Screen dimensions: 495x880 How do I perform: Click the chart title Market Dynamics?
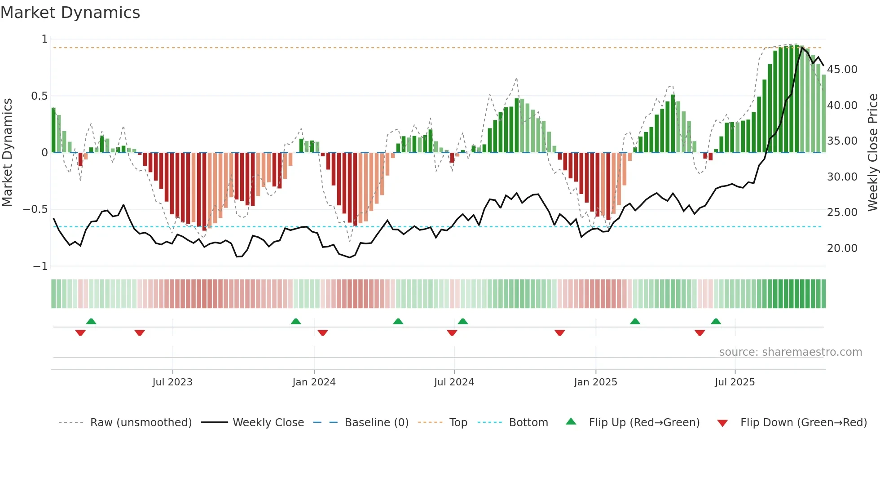pyautogui.click(x=70, y=13)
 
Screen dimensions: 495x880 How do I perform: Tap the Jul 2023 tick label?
pyautogui.click(x=172, y=382)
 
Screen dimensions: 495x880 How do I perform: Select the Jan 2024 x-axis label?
pyautogui.click(x=314, y=382)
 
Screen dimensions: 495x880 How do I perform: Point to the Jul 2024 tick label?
pyautogui.click(x=454, y=382)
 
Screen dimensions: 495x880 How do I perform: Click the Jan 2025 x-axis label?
pyautogui.click(x=595, y=382)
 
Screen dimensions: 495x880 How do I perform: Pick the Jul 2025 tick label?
pyautogui.click(x=735, y=382)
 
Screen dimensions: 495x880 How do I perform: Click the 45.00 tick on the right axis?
pyautogui.click(x=842, y=70)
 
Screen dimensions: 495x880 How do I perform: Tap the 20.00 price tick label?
pyautogui.click(x=842, y=248)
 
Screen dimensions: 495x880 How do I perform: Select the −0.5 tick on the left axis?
pyautogui.click(x=35, y=209)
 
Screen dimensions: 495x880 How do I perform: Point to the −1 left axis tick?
pyautogui.click(x=40, y=266)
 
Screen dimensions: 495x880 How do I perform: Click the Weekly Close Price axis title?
pyautogui.click(x=872, y=153)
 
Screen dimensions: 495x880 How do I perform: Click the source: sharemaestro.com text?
pyautogui.click(x=790, y=352)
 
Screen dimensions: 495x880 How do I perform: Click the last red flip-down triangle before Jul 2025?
pyautogui.click(x=700, y=333)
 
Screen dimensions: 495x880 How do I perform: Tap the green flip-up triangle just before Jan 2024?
pyautogui.click(x=295, y=321)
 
